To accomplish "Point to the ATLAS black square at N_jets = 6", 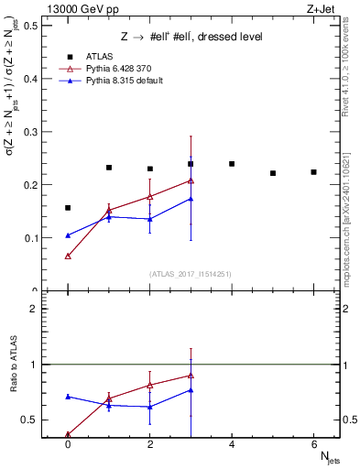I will click(x=313, y=172).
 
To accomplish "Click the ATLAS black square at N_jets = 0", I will click(x=68, y=208).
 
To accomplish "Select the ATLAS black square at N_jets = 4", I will click(x=232, y=164).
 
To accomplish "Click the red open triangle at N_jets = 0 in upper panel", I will click(x=68, y=256).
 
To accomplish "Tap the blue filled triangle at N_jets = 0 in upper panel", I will click(x=68, y=235).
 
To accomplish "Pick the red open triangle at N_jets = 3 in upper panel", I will click(x=191, y=180).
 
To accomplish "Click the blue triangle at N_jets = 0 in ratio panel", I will click(x=68, y=397).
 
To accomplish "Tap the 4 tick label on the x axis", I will click(x=232, y=443).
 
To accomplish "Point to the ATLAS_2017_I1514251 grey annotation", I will click(x=190, y=275).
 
